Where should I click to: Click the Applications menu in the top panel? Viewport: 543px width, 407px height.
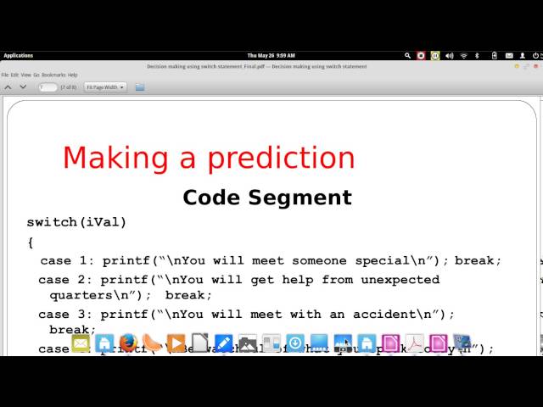(x=18, y=55)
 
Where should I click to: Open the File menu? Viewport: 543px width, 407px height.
(x=5, y=75)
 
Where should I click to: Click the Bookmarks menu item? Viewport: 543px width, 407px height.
(x=53, y=75)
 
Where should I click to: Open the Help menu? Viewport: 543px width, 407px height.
(x=73, y=75)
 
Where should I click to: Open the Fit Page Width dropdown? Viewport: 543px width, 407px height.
(x=105, y=86)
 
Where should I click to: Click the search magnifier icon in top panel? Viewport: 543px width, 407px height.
(x=407, y=55)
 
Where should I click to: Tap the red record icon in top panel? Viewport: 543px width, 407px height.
(x=420, y=55)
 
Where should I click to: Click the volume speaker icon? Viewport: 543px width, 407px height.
(x=449, y=55)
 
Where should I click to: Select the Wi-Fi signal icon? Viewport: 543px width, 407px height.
(x=463, y=55)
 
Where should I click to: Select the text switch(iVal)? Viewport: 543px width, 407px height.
(x=76, y=222)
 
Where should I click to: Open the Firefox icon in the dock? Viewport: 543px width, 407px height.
(x=128, y=343)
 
